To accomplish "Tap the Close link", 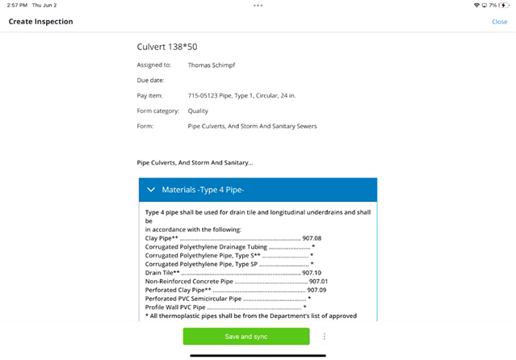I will coord(499,22).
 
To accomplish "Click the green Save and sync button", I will coord(245,337).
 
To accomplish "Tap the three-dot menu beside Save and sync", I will coord(324,337).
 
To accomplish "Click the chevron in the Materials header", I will coord(151,190).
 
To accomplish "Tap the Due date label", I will coord(151,80).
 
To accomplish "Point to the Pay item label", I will coord(151,95).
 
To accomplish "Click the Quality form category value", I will coord(198,111).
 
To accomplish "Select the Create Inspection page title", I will coord(40,22).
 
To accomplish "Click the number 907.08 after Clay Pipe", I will coord(312,238).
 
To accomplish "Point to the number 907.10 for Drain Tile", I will coord(312,272).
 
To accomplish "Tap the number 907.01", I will coord(318,281).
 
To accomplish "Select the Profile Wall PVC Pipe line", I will coord(175,307).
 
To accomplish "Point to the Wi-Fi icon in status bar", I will coord(477,5).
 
